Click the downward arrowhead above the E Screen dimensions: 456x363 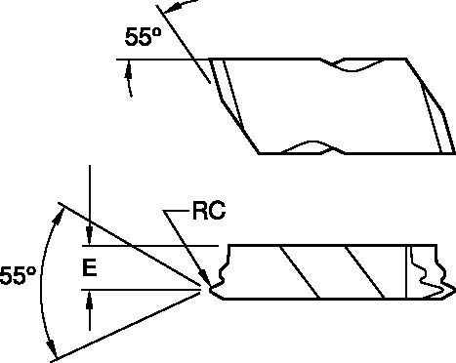point(89,237)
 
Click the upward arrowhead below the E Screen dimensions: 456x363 point(89,298)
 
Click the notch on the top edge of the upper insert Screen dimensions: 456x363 point(349,65)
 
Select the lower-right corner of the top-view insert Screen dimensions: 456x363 point(454,152)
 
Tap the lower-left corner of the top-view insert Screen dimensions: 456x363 point(259,152)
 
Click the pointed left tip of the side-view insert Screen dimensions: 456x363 point(209,287)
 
